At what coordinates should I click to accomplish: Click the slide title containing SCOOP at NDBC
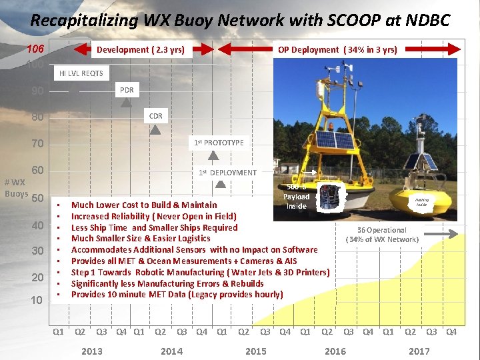[x=240, y=20]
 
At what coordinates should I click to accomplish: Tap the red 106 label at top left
[x=35, y=49]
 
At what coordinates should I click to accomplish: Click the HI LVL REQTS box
[x=81, y=73]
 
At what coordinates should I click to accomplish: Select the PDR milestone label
[x=127, y=89]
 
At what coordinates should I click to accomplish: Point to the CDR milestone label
[x=155, y=115]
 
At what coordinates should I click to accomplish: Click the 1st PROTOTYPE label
[x=219, y=142]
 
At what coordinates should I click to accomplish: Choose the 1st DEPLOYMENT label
[x=227, y=172]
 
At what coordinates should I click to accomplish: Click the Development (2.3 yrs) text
[x=141, y=49]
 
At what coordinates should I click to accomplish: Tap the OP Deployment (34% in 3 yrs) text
[x=337, y=49]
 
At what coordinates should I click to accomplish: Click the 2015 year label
[x=255, y=351]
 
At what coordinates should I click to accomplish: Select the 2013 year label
[x=91, y=351]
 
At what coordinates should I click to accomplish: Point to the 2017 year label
[x=419, y=351]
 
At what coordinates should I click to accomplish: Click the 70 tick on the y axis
[x=37, y=143]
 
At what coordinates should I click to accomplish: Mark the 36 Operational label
[x=382, y=235]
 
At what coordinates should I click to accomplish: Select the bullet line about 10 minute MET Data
[x=177, y=295]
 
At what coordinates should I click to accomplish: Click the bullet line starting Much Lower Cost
[x=144, y=205]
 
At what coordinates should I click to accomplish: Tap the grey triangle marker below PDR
[x=127, y=104]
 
